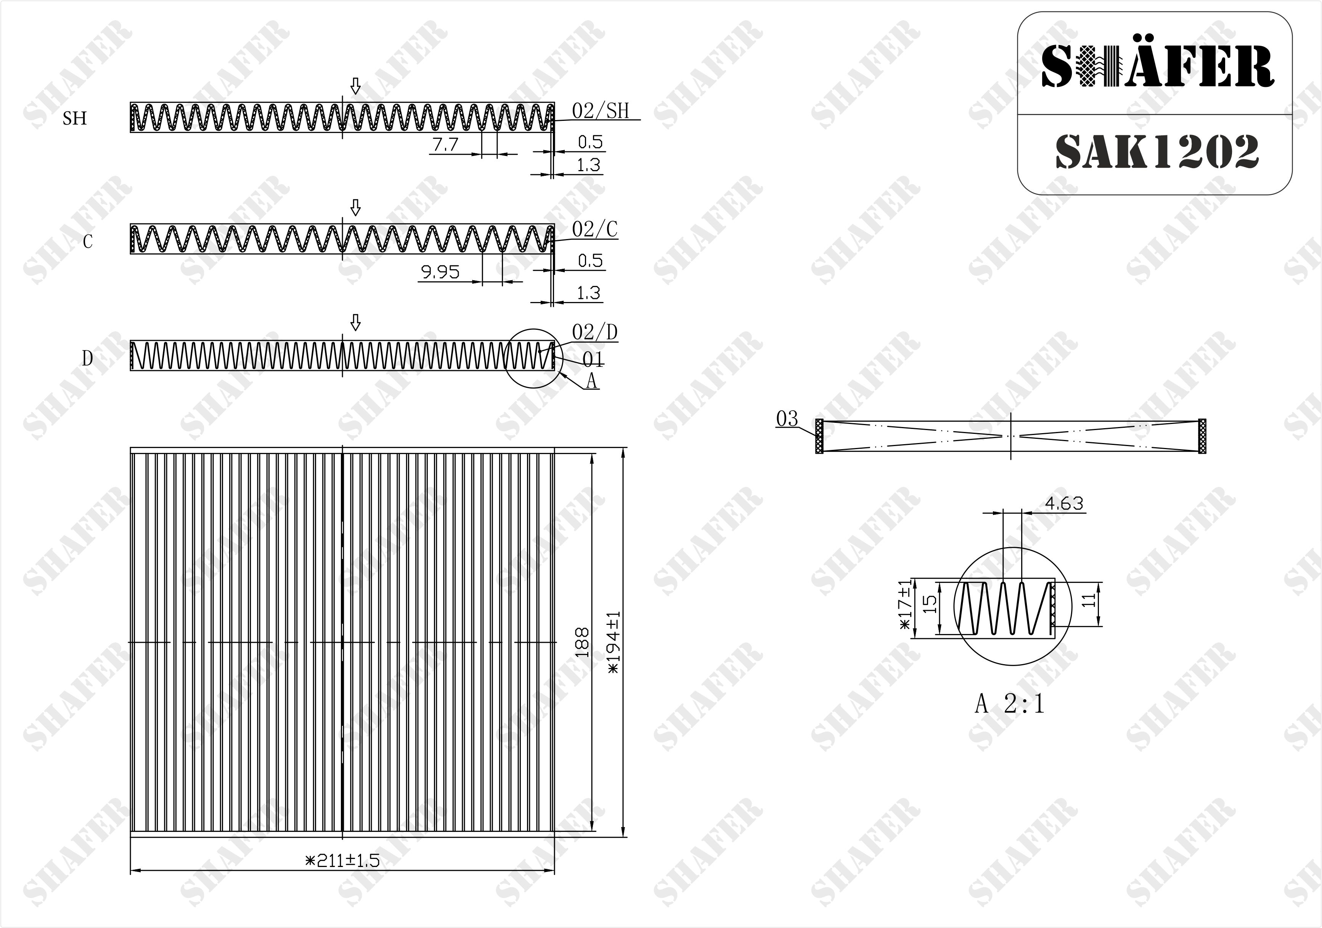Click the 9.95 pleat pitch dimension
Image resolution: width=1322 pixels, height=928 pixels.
point(440,272)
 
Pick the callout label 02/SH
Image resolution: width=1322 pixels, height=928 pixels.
point(601,111)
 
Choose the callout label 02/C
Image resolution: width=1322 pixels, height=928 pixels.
point(595,229)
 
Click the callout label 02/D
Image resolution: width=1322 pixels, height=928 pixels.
point(595,332)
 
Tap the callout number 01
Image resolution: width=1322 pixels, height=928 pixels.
point(593,360)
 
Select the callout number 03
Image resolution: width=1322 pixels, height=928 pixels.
point(787,419)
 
